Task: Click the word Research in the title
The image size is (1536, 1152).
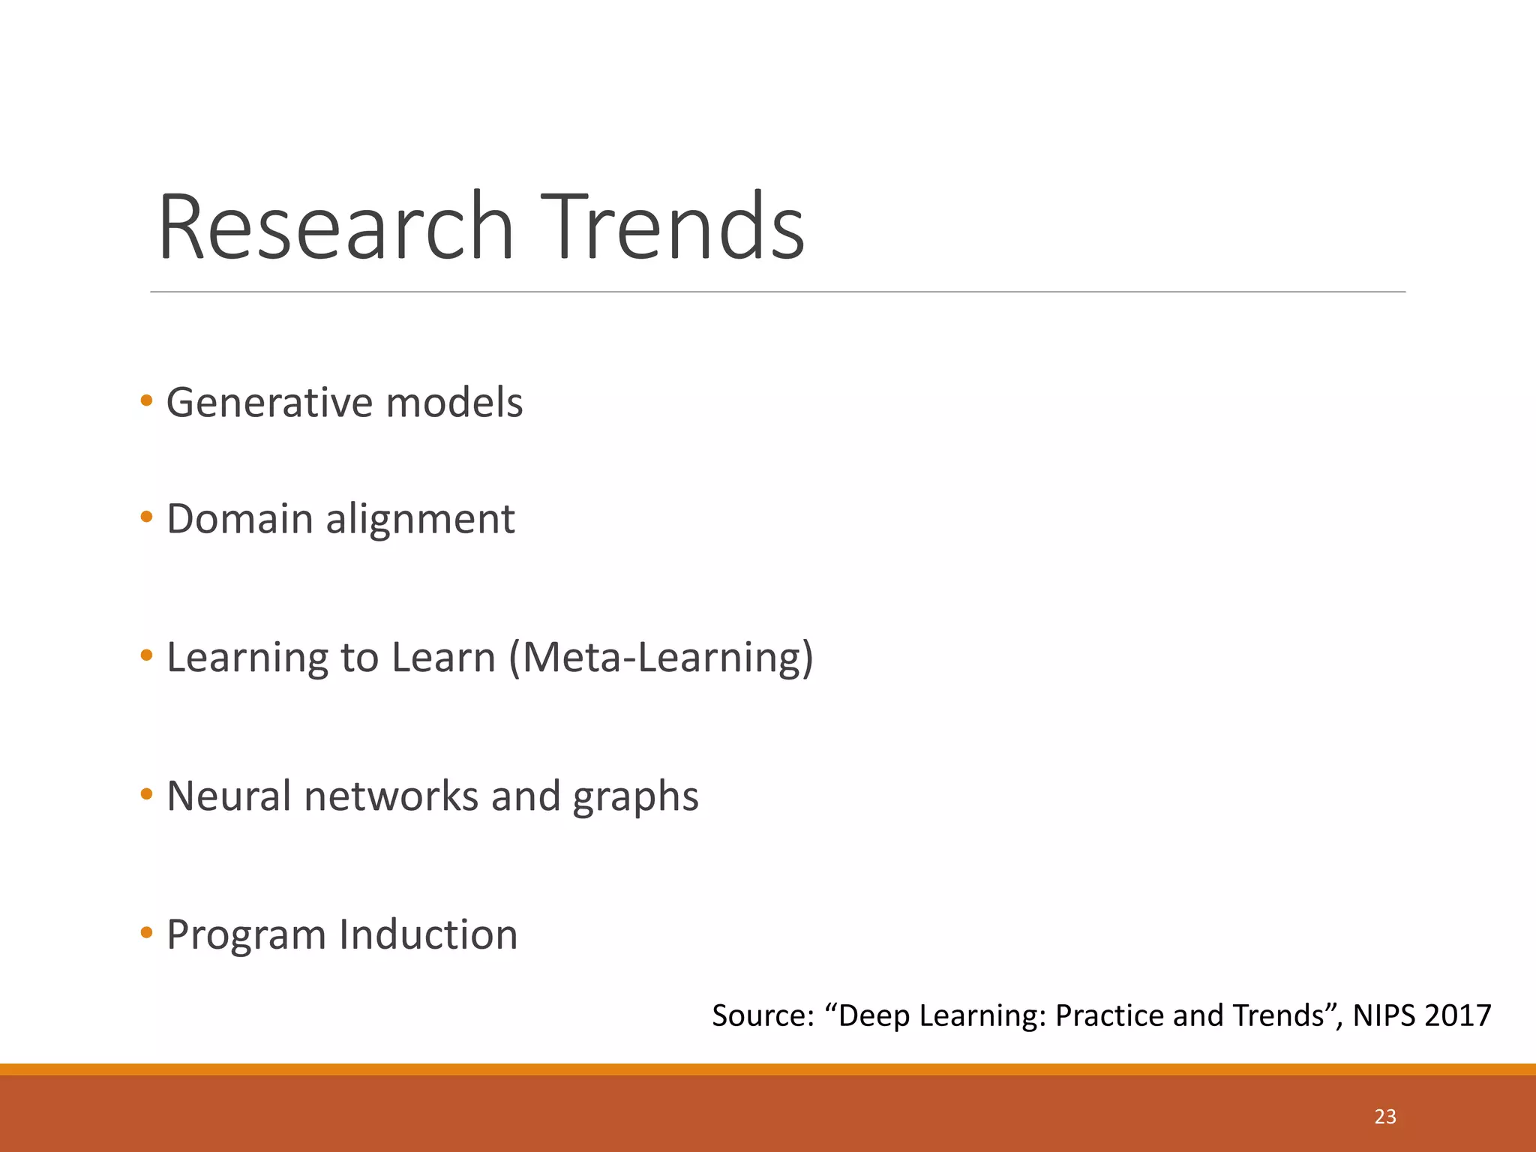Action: [x=335, y=226]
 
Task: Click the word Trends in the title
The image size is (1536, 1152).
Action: [x=672, y=226]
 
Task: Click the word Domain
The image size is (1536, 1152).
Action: [x=239, y=519]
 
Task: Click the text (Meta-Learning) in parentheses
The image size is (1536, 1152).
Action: [x=661, y=658]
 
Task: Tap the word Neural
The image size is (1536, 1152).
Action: [x=228, y=796]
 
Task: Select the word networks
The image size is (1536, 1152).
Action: [x=391, y=796]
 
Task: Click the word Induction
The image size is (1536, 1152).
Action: [x=428, y=934]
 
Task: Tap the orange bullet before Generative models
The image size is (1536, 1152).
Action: [x=146, y=400]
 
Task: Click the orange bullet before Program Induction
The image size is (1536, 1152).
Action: [x=146, y=933]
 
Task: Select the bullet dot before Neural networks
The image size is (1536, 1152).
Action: [x=146, y=793]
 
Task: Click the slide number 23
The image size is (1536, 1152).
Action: [x=1385, y=1117]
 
